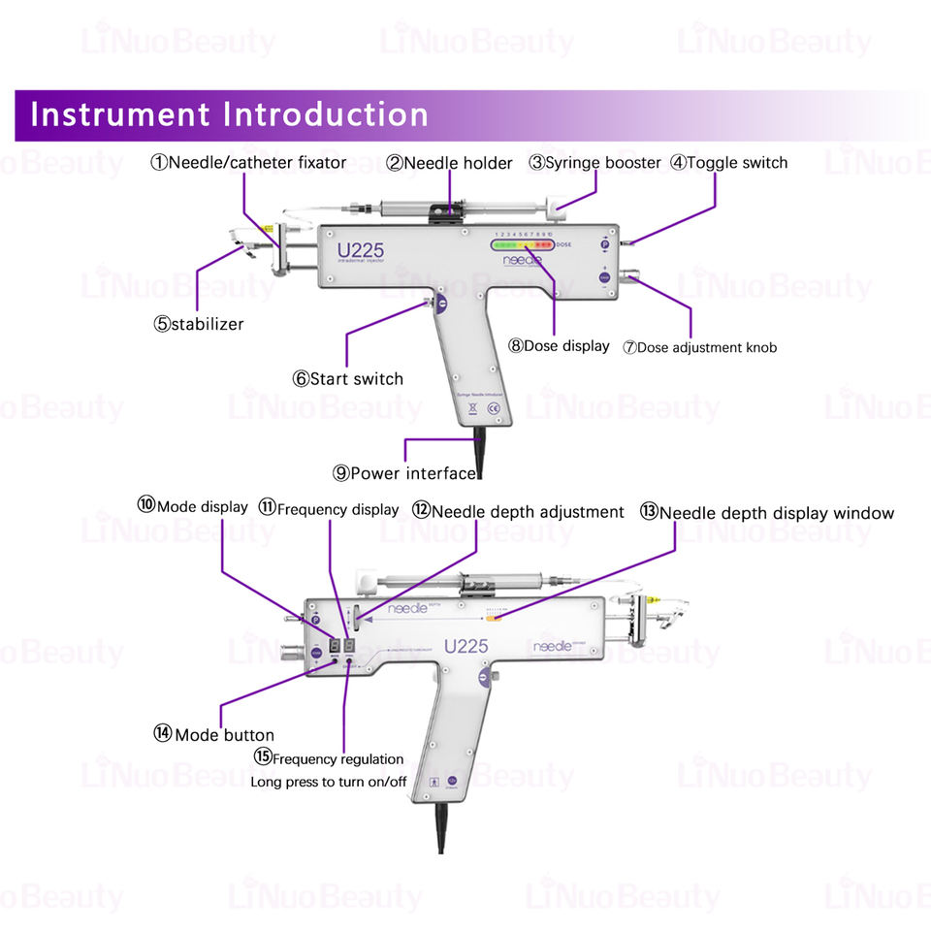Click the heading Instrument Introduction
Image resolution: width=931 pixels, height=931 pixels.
tap(229, 114)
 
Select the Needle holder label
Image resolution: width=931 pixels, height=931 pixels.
tap(449, 164)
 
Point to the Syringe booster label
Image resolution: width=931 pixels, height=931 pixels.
tap(594, 163)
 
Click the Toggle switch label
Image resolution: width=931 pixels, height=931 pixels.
tap(728, 163)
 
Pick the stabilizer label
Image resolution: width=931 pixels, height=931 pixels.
tap(198, 324)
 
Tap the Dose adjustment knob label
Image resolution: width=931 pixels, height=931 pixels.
tap(699, 347)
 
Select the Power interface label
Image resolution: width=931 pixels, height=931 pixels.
tap(404, 473)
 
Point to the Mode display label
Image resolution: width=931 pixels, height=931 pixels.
tap(192, 505)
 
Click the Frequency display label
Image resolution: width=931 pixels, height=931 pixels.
tap(328, 509)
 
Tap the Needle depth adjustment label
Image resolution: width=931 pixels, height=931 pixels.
tap(518, 511)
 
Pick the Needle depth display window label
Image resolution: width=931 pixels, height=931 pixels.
tap(766, 513)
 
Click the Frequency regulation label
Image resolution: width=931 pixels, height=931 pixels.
tap(329, 758)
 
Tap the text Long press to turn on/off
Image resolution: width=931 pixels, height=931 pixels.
tap(329, 782)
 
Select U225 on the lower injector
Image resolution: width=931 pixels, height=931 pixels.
tap(465, 646)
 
